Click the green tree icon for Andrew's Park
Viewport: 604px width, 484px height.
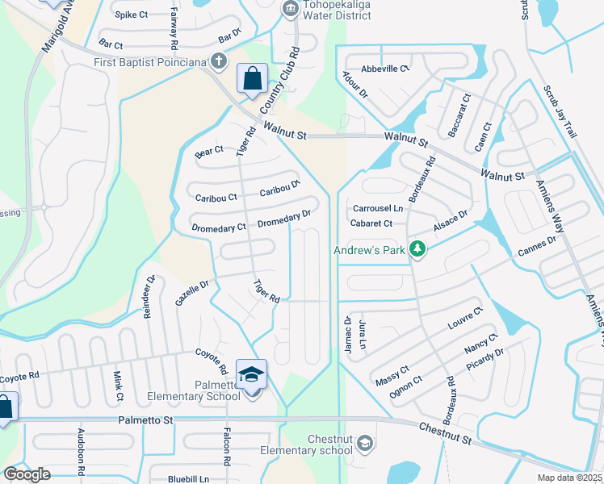coord(417,250)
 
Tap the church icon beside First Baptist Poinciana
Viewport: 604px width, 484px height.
coord(218,60)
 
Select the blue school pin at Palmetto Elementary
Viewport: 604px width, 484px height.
coord(251,373)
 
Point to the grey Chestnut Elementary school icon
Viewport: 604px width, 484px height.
coord(365,443)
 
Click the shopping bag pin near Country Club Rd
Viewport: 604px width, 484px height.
coord(252,80)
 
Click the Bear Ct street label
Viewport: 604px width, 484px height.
coord(208,151)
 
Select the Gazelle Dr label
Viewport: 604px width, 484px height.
coord(192,292)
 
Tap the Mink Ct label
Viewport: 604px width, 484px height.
coord(118,386)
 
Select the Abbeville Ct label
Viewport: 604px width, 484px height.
coord(385,69)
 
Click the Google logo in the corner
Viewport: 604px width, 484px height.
coord(27,474)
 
